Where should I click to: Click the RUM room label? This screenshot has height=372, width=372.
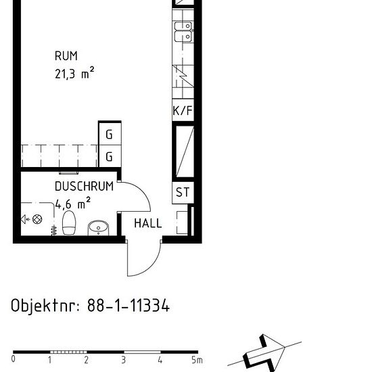[x=66, y=56]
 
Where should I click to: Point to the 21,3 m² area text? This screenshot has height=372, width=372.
[x=74, y=73]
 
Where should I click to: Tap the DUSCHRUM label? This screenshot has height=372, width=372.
[x=84, y=186]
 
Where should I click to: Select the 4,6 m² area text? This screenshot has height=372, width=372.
[x=73, y=203]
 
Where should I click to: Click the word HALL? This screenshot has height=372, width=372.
[x=148, y=223]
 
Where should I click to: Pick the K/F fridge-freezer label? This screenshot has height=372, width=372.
[x=183, y=110]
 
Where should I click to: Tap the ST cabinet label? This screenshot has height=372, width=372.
[x=183, y=192]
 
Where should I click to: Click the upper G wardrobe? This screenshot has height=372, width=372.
[x=110, y=134]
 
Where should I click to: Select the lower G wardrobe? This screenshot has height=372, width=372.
[x=110, y=156]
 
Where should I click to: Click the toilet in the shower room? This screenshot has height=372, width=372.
[x=69, y=223]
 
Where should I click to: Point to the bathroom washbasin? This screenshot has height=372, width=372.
[x=98, y=228]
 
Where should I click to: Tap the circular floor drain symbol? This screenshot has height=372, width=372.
[x=37, y=219]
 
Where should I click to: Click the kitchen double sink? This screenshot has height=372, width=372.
[x=183, y=32]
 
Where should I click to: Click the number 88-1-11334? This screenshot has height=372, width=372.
[x=129, y=305]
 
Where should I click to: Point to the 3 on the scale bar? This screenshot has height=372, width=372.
[x=123, y=360]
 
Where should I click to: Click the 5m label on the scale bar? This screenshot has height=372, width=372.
[x=197, y=360]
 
